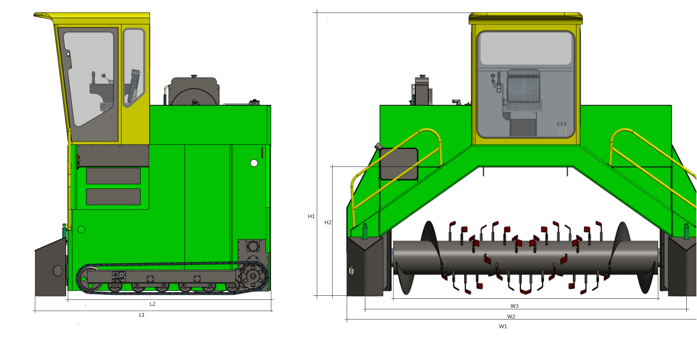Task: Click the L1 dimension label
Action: pos(142,315)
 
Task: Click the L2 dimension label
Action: pos(152,304)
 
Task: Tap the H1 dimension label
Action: pos(311,216)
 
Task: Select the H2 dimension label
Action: pos(327,223)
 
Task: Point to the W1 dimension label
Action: pos(503,326)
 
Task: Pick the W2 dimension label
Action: pos(511,317)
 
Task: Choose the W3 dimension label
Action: pos(515,306)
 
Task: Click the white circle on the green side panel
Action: pos(254,163)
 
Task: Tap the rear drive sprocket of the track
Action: pos(253,277)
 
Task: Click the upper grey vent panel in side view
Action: pos(113,176)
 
